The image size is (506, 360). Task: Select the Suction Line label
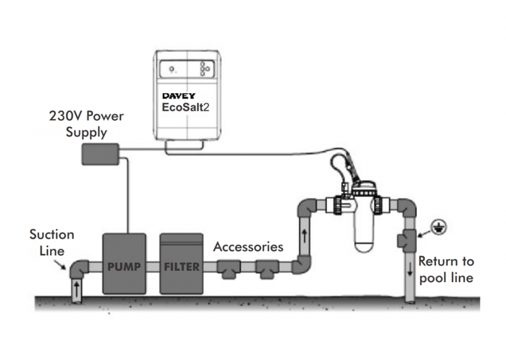click(x=52, y=241)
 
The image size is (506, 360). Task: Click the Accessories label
click(x=248, y=247)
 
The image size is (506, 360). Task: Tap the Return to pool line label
click(x=446, y=269)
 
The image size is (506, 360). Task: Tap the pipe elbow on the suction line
click(x=80, y=268)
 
